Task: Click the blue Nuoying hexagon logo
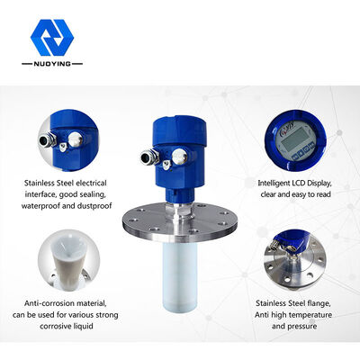(52, 38)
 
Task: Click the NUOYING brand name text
(52, 64)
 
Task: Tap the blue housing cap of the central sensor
(179, 131)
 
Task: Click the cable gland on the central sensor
(149, 157)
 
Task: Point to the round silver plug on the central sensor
(179, 157)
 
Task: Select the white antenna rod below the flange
(180, 276)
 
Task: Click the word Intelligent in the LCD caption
(274, 183)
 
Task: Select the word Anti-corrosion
(49, 303)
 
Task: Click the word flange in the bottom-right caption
(320, 303)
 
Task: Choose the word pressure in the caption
(302, 327)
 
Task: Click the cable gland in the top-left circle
(48, 139)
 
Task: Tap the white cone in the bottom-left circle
(68, 259)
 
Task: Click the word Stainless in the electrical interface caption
(40, 183)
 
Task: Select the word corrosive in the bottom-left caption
(54, 326)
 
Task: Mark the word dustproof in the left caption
(94, 206)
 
